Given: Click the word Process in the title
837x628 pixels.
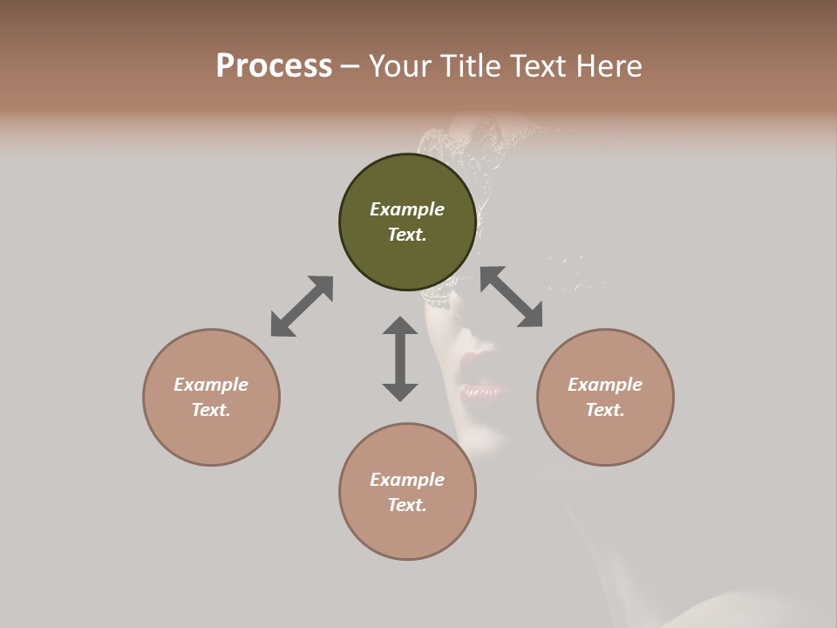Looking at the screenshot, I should [274, 66].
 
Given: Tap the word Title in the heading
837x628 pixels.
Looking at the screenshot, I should [469, 66].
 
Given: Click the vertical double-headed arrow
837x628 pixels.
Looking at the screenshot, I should [400, 358].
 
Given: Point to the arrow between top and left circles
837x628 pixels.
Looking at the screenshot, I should [302, 306].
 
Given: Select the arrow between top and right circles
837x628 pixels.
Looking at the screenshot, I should [511, 297].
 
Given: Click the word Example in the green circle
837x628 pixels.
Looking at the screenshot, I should [407, 209].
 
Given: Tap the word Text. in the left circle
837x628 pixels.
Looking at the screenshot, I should [211, 410].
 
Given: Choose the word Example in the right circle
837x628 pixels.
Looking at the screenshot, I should [605, 385].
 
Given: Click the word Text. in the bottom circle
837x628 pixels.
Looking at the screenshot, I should [407, 505].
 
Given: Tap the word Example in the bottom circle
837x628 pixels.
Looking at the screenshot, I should [407, 480].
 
